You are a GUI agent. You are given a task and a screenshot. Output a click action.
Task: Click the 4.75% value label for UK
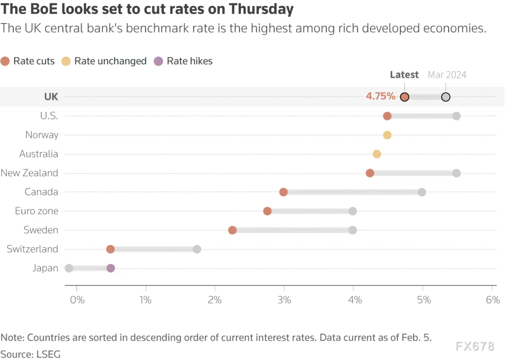pyautogui.click(x=381, y=97)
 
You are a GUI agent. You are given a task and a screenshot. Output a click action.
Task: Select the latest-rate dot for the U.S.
pyautogui.click(x=387, y=116)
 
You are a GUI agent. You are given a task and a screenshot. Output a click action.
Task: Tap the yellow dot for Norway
pyautogui.click(x=387, y=135)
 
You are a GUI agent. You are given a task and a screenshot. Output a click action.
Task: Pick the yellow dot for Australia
pyautogui.click(x=377, y=154)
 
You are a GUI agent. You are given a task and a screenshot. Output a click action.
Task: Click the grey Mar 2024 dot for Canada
pyautogui.click(x=422, y=192)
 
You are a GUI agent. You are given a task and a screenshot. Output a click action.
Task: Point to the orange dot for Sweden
pyautogui.click(x=232, y=230)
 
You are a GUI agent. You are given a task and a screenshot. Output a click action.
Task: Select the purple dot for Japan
pyautogui.click(x=111, y=268)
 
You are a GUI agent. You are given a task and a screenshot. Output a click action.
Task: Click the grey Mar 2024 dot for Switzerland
pyautogui.click(x=197, y=249)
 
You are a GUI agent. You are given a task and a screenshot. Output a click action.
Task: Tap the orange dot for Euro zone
pyautogui.click(x=267, y=211)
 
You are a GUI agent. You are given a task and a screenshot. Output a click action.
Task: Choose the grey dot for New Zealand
pyautogui.click(x=456, y=173)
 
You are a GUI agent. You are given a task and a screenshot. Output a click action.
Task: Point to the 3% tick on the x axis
pyautogui.click(x=284, y=300)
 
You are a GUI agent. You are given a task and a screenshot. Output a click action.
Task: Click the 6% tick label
pyautogui.click(x=493, y=300)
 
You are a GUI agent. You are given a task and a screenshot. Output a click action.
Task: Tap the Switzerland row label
pyautogui.click(x=32, y=249)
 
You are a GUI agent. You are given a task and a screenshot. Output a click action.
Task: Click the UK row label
pyautogui.click(x=51, y=97)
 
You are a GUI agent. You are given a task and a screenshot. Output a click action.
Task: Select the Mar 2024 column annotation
pyautogui.click(x=447, y=75)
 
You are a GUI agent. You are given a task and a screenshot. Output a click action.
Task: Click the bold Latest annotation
pyautogui.click(x=404, y=75)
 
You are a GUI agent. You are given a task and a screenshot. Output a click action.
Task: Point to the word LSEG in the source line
pyautogui.click(x=49, y=354)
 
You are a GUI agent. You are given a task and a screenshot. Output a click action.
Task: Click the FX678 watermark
pyautogui.click(x=475, y=346)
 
